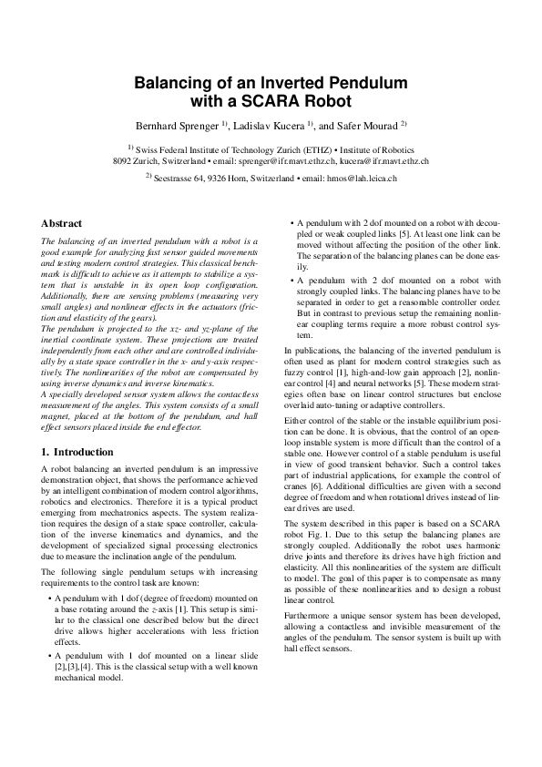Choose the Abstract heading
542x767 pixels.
tap(62, 223)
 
